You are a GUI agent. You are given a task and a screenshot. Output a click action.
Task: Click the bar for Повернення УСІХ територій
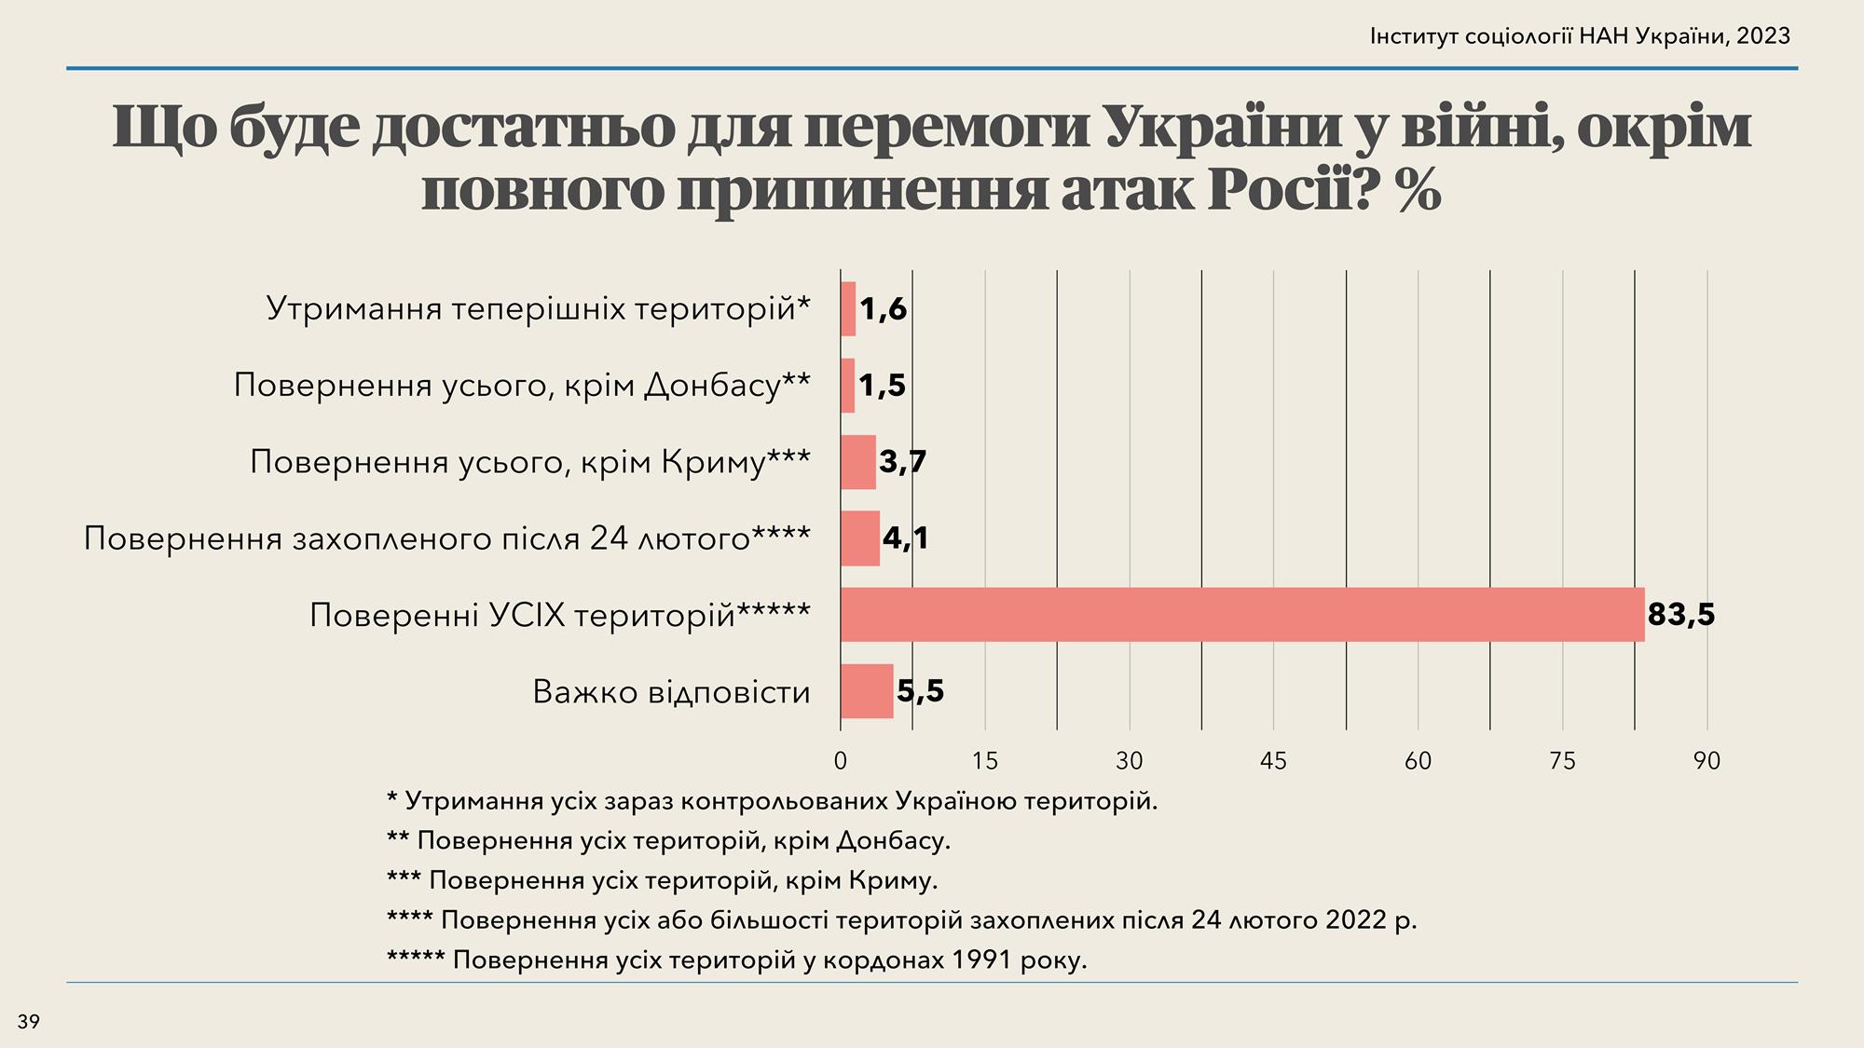pos(1241,615)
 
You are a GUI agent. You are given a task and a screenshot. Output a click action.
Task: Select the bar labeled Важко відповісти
pos(867,691)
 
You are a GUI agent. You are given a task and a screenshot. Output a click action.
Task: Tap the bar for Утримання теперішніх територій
pos(848,308)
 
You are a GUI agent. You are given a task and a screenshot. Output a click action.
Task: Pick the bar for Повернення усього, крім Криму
pos(857,462)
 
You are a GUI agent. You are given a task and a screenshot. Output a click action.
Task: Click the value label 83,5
pos(1681,615)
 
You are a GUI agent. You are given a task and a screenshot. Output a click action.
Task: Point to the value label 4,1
pos(905,538)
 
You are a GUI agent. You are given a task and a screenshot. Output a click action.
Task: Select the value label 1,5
pos(882,386)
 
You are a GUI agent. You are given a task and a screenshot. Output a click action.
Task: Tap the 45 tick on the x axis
pos(1273,761)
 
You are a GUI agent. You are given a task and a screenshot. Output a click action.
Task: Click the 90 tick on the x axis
pos(1706,761)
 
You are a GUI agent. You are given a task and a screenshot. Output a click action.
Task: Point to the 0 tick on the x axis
pos(841,761)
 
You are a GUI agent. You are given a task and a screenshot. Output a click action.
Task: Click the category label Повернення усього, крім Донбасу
pos(522,385)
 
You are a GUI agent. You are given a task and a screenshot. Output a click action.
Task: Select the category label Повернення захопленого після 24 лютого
pos(447,538)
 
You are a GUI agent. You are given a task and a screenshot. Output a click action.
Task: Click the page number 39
pos(29,1022)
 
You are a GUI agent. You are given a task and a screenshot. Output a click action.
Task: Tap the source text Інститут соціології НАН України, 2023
pos(1580,36)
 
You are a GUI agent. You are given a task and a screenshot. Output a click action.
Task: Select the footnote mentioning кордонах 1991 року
pos(736,960)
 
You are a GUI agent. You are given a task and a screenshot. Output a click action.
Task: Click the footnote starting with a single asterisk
pos(772,801)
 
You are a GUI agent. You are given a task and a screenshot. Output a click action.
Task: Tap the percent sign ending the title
pos(1419,191)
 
